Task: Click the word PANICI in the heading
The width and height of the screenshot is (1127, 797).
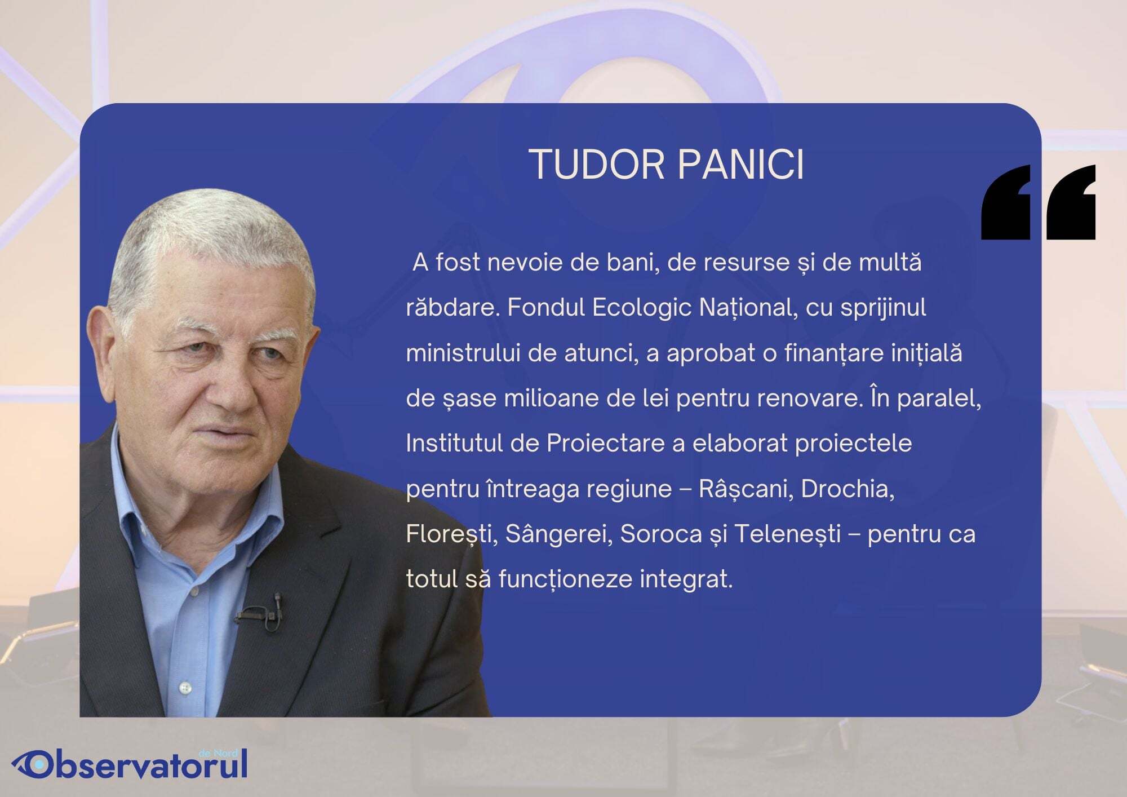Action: [741, 165]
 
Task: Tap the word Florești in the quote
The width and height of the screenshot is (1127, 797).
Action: [451, 534]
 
